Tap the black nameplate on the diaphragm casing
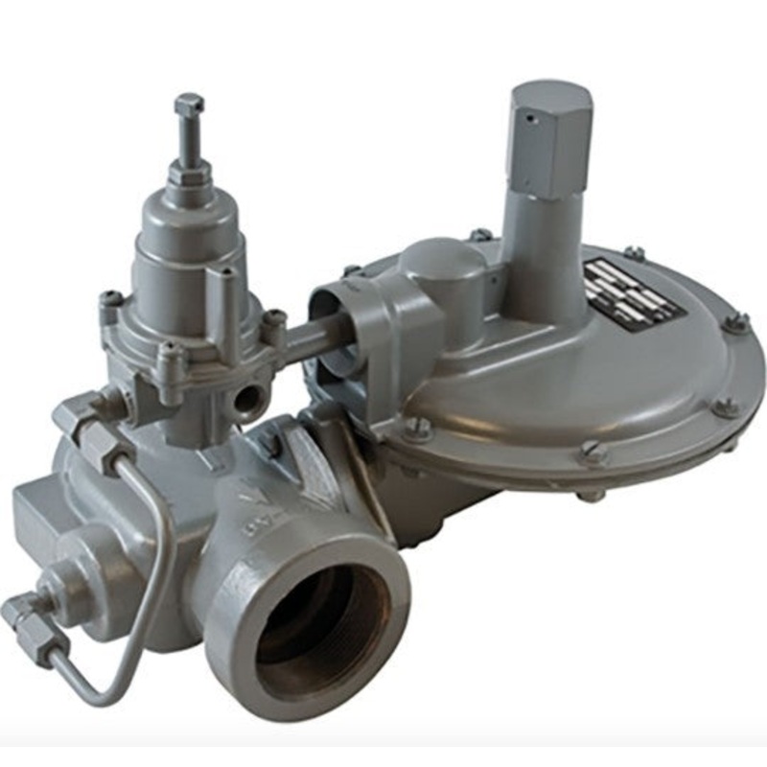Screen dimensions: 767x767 (633, 293)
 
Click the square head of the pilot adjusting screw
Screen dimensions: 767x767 (189, 105)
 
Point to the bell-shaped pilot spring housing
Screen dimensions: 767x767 (182, 249)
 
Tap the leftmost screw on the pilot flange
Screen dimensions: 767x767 (111, 303)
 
